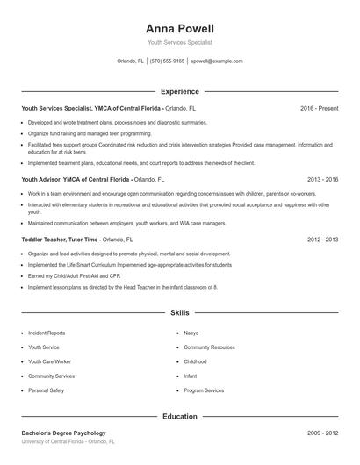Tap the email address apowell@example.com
click(x=216, y=61)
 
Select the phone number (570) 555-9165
click(x=167, y=61)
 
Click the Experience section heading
click(x=180, y=91)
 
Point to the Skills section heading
click(x=180, y=312)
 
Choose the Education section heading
click(x=180, y=417)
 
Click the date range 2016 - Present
click(x=319, y=108)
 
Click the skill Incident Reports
click(x=47, y=333)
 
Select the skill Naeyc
click(x=191, y=333)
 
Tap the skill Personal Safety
click(x=46, y=390)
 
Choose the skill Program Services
click(x=204, y=390)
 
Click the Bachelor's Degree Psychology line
click(x=63, y=433)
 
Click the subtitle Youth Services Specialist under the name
click(x=180, y=42)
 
